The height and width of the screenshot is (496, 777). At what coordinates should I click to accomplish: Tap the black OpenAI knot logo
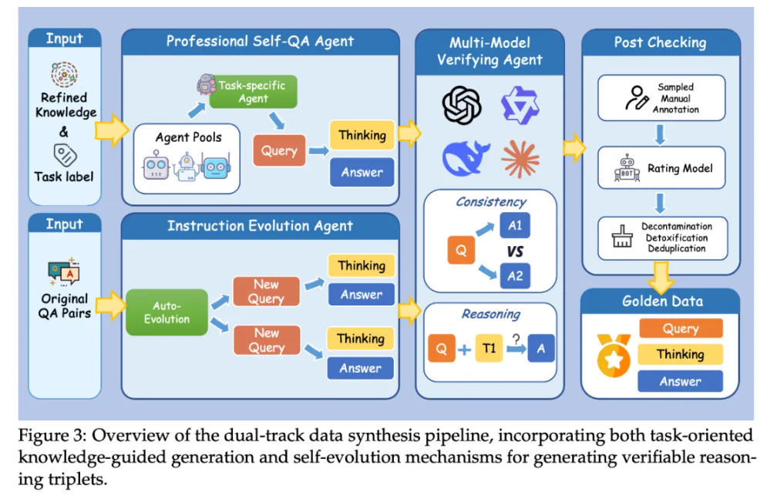(x=462, y=106)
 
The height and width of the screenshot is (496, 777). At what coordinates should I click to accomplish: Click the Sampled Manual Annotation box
(x=661, y=98)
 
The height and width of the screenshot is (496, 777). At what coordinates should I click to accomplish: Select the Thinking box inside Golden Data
(x=681, y=354)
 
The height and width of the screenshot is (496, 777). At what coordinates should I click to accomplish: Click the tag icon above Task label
(x=66, y=153)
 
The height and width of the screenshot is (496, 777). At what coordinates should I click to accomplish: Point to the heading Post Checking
(x=660, y=42)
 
